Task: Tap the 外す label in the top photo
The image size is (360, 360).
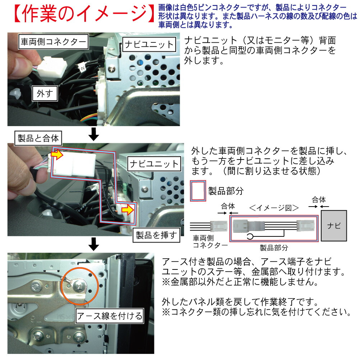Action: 45,94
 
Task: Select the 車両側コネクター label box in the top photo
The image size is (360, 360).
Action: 52,42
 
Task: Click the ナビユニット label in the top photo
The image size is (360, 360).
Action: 149,45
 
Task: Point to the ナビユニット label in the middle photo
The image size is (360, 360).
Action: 154,164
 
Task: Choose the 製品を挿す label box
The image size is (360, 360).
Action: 156,235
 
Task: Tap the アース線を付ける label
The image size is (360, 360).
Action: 110,316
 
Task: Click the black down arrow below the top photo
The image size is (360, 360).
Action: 94,134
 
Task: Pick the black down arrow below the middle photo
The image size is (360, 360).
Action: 94,244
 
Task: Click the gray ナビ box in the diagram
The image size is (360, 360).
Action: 334,226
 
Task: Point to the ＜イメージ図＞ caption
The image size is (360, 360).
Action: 274,207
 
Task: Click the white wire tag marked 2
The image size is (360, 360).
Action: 82,67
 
